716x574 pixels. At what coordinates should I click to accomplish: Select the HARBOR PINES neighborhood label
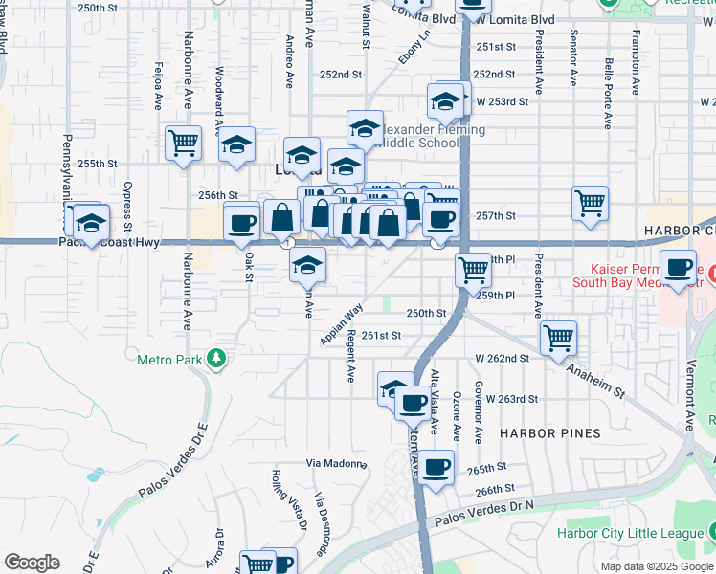(x=549, y=433)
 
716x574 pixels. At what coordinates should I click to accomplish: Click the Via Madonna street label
(x=337, y=464)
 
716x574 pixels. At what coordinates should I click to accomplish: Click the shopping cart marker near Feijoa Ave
(x=183, y=143)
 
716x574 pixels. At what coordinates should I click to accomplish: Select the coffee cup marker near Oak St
(x=242, y=224)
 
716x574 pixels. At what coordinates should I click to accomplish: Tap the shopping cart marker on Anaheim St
(x=558, y=338)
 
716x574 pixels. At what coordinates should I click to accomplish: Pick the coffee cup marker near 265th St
(x=436, y=468)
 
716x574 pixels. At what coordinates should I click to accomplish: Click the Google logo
(x=32, y=563)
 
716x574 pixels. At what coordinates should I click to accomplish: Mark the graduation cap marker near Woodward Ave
(x=236, y=145)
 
